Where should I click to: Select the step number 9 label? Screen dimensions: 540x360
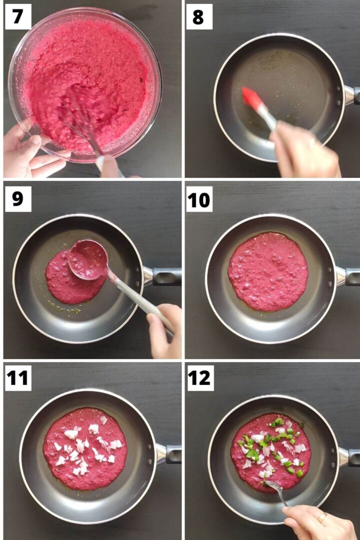point(18,199)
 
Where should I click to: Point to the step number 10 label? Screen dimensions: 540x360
point(199,199)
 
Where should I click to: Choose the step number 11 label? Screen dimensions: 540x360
point(18,378)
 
